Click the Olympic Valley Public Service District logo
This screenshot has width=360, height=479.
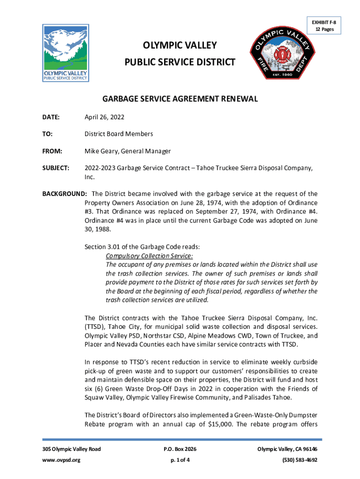click(65, 53)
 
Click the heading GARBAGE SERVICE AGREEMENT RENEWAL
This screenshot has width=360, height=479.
click(180, 99)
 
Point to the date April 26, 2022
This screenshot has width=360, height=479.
click(104, 117)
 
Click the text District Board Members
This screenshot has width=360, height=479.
click(119, 134)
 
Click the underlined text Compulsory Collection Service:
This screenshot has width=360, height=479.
click(150, 256)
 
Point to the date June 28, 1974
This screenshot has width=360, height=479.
click(212, 203)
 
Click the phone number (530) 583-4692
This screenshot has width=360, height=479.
click(301, 460)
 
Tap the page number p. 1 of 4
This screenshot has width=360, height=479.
click(180, 460)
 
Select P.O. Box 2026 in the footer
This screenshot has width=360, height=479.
click(180, 449)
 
